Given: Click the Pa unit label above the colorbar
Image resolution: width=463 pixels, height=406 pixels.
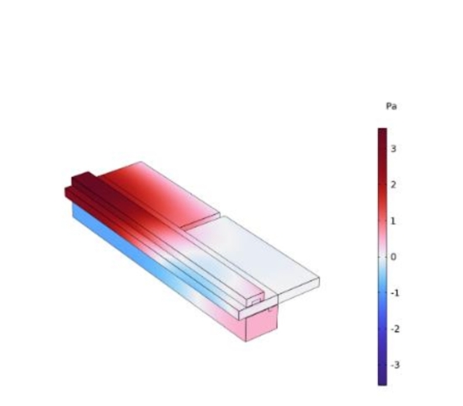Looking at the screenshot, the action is tap(391, 106).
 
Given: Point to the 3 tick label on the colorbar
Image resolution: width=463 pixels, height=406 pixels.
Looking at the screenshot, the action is tap(393, 148).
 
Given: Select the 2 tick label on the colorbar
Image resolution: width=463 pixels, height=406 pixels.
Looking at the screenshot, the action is tap(393, 184).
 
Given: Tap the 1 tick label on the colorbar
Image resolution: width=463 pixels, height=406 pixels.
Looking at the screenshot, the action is tap(393, 221).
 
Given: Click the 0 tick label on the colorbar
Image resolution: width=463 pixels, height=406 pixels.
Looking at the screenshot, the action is tap(393, 257).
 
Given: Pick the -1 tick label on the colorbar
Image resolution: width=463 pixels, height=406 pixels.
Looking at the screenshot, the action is tap(395, 293).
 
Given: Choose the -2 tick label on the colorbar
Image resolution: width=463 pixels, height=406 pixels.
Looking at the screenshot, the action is tap(395, 329).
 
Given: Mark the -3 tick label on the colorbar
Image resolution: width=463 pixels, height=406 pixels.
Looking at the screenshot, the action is tap(395, 365).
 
